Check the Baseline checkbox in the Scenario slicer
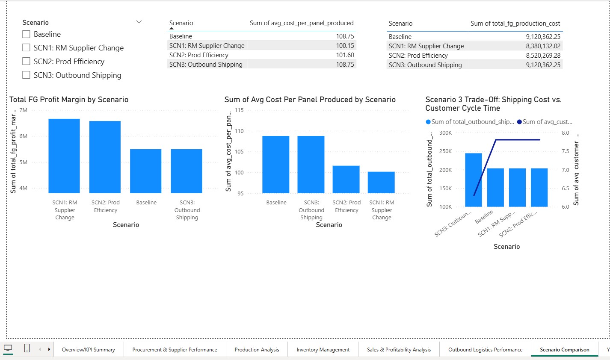26,34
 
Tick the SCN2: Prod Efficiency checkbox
26,62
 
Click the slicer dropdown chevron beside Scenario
139,22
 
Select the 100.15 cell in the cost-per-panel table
344,46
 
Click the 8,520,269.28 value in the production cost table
543,56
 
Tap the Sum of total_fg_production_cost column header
515,24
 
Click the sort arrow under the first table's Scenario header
172,29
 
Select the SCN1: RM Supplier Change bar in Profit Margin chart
64,156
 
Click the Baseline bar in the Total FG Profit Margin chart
146,171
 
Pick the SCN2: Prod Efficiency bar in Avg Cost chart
346,179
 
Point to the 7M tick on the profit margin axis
24,110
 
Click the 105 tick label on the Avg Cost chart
239,152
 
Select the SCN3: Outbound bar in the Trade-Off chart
473,180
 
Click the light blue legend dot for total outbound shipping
428,122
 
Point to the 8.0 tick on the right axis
565,133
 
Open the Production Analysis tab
257,349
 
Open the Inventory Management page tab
323,349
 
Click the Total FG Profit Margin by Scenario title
69,100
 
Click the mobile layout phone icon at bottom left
27,348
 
